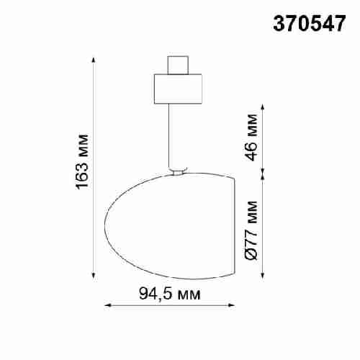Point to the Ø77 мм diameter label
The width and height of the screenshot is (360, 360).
point(251,230)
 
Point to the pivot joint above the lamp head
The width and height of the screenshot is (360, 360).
point(177,171)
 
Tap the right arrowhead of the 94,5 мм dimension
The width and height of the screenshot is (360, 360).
point(233,306)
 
